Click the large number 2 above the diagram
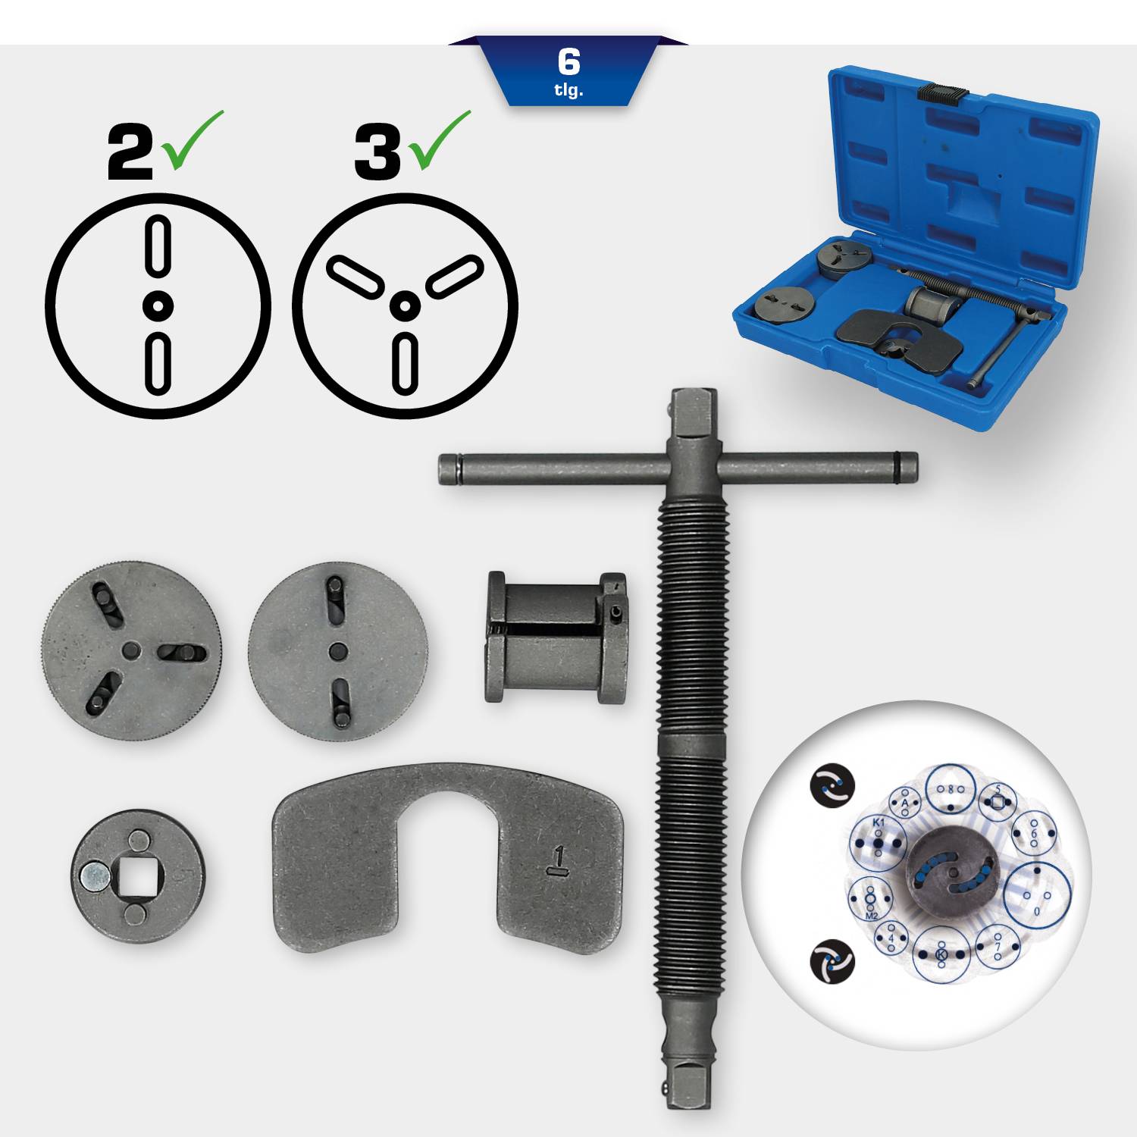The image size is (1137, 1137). (130, 154)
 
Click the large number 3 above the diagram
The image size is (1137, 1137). (377, 154)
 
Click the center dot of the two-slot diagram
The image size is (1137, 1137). (158, 306)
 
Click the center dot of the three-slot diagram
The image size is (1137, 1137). (405, 306)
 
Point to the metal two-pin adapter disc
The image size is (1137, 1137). (337, 650)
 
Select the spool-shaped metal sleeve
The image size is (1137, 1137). (556, 637)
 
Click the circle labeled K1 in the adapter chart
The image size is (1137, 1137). (878, 842)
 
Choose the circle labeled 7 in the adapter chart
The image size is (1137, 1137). (998, 947)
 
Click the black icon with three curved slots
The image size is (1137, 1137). (832, 960)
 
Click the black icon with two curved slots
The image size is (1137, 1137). (832, 784)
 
